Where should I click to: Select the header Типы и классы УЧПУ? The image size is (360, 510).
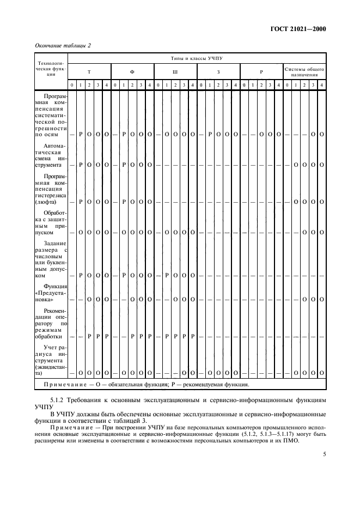(x=197, y=58)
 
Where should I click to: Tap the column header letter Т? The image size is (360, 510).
(x=89, y=71)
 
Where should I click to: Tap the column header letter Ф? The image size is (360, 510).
(x=132, y=71)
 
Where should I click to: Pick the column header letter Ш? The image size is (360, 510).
(x=175, y=71)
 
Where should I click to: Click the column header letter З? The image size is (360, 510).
(x=218, y=71)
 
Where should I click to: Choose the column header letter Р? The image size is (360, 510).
(x=261, y=71)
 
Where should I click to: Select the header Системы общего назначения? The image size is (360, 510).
(x=304, y=71)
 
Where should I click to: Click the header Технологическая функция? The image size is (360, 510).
(x=51, y=71)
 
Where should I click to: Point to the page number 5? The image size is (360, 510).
(x=324, y=453)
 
